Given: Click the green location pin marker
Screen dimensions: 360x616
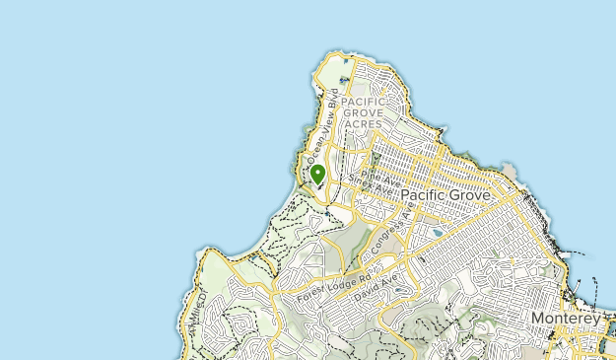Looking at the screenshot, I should coord(317,176).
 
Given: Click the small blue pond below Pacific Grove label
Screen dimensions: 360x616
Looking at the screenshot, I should coord(437,232).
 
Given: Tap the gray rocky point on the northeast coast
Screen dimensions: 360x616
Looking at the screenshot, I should coord(511,174).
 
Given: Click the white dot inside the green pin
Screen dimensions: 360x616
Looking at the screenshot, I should coord(317,172).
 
